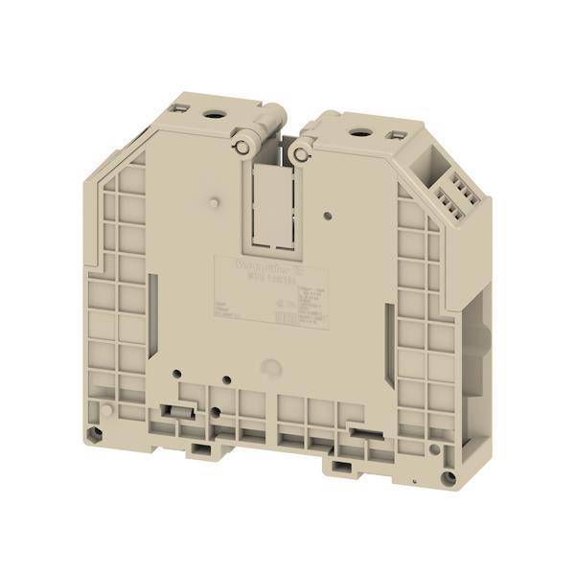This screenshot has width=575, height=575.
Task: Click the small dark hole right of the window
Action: [327, 218]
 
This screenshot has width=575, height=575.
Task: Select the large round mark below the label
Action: [272, 366]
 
